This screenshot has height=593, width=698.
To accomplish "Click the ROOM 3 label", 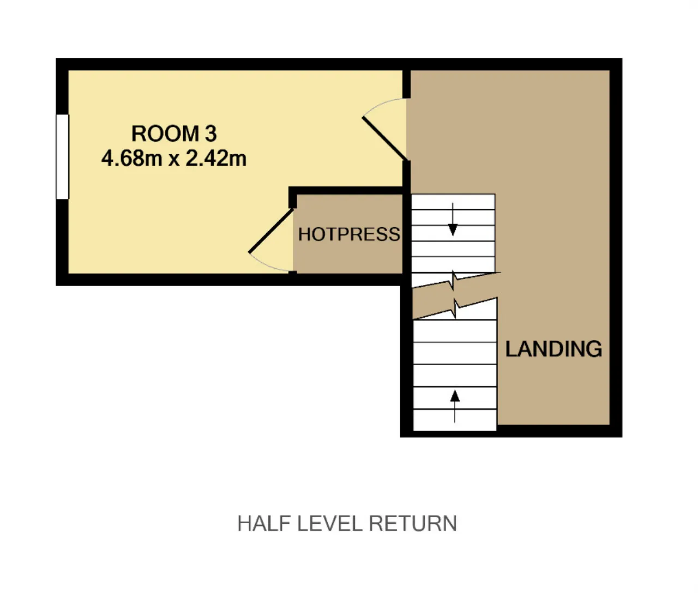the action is [174, 134].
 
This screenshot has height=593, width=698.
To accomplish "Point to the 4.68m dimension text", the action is [132, 158].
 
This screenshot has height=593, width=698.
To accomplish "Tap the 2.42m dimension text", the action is [216, 158].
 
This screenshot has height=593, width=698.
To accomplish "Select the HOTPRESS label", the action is [349, 234].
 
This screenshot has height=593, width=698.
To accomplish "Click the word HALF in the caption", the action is [264, 523].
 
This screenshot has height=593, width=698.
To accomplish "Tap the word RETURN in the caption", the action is [413, 523].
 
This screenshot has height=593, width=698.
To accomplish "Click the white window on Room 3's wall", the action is [63, 156].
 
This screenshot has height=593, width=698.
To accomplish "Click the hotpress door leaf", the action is [271, 231].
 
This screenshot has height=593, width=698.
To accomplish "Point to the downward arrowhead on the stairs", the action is [453, 230].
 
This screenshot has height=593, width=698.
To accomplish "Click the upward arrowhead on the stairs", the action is [455, 396].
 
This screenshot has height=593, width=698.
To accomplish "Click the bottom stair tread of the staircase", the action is [455, 420].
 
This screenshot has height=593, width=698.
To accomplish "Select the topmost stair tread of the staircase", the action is [453, 202].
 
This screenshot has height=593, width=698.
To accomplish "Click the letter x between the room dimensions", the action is [174, 160].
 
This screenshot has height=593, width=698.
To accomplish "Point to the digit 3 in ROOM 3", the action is [210, 134].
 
